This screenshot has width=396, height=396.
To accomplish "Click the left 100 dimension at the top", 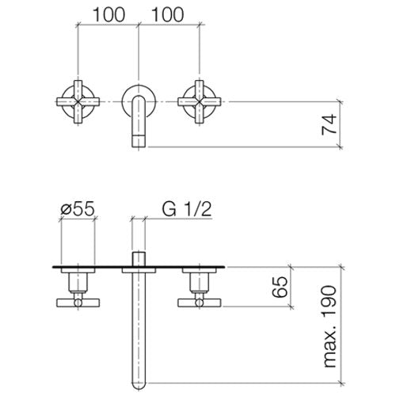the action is pos(109,14).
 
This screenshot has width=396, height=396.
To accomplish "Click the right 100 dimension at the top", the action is pos(167,14).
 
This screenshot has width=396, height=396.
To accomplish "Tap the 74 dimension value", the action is pos(329,124).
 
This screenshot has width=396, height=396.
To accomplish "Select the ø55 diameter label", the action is pos(78,209).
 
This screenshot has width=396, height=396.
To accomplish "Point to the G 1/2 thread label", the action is pos(187,209).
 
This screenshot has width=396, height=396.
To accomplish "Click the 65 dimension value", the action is pos(280,287).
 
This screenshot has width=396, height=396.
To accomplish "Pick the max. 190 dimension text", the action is pos(329,326).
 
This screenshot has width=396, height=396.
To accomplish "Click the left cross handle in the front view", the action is pos(78,101).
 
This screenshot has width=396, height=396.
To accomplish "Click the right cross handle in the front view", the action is pos(199,101).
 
